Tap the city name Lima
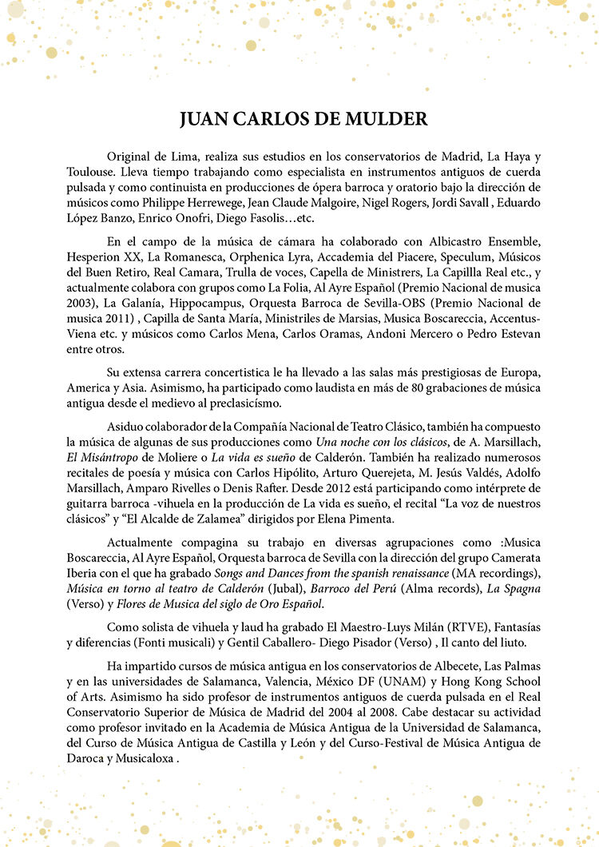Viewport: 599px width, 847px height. pyautogui.click(x=196, y=157)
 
